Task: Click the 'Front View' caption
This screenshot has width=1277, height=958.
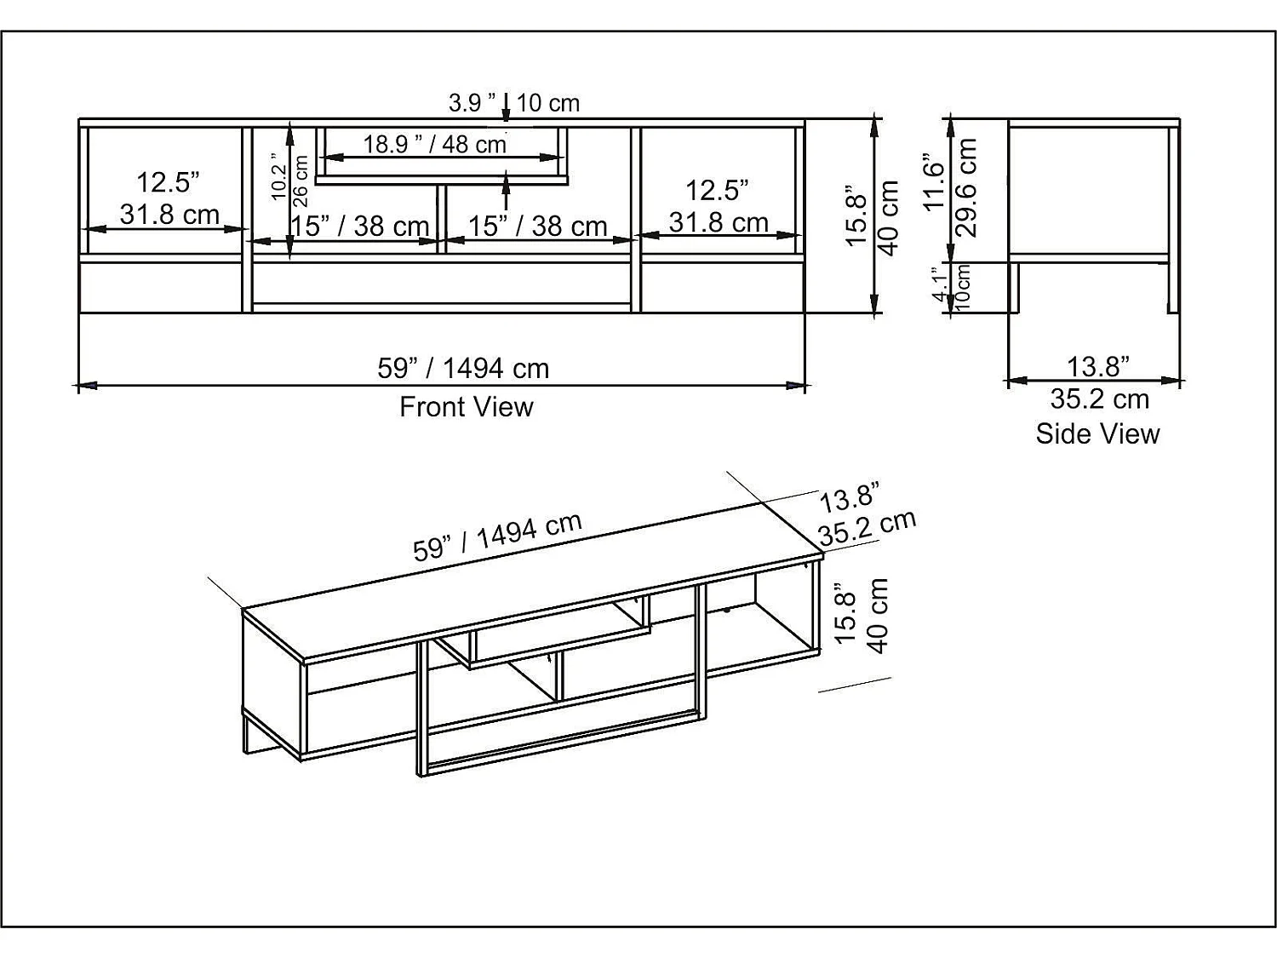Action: click(x=466, y=407)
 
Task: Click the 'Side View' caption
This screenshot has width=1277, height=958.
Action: click(x=1097, y=433)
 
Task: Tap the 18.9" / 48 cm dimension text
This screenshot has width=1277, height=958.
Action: click(x=434, y=144)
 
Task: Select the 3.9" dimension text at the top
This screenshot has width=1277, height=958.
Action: click(x=472, y=103)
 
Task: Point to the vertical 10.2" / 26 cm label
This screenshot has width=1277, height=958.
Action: click(x=289, y=178)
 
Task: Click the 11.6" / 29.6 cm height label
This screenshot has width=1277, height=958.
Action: click(x=950, y=186)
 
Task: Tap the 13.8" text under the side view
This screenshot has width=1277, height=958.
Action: click(x=1098, y=366)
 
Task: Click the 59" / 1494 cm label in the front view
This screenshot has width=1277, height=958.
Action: click(x=463, y=368)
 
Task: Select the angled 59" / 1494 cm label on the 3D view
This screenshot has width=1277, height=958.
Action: click(x=497, y=537)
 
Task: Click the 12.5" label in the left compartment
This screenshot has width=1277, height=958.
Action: click(x=168, y=181)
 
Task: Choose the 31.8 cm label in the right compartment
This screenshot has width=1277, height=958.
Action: click(x=719, y=222)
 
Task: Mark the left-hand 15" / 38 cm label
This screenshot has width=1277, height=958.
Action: click(x=359, y=226)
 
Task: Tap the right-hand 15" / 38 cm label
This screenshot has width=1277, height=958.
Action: click(x=537, y=226)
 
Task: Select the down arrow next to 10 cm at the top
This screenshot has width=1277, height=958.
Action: click(x=507, y=106)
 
